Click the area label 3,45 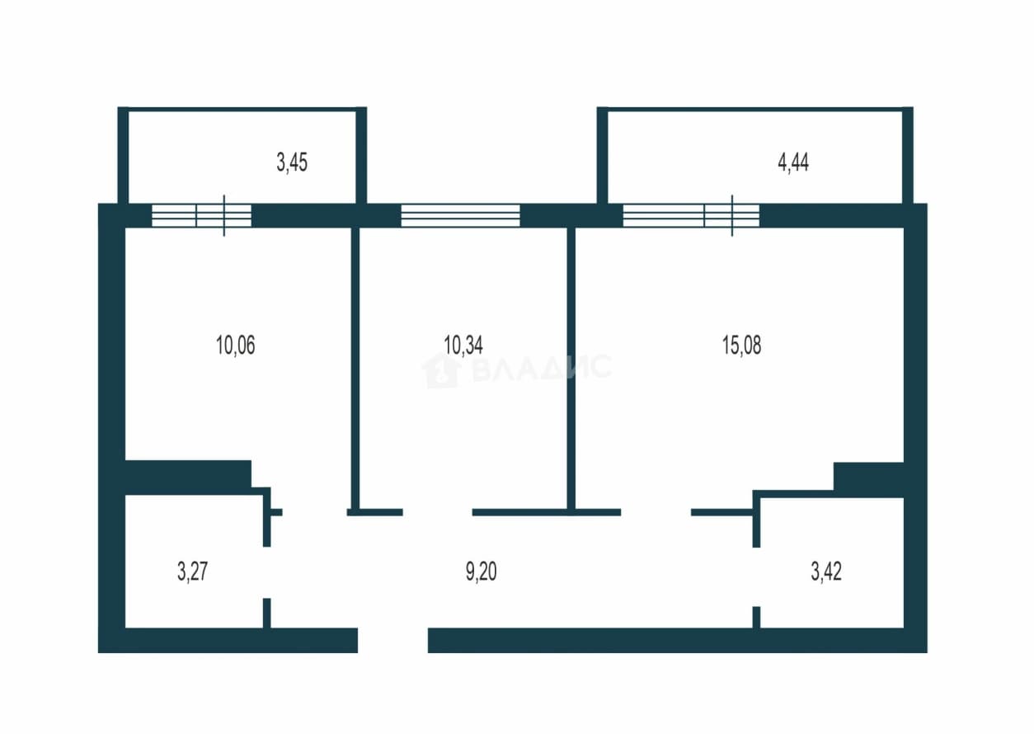[292, 162]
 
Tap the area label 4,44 [793, 162]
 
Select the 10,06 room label [236, 346]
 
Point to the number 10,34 [463, 346]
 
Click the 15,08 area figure [742, 346]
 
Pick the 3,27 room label [192, 572]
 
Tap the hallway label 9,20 [481, 572]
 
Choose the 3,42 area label [826, 572]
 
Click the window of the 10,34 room [461, 215]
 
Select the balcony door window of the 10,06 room [202, 215]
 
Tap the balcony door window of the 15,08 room [691, 215]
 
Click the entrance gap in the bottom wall [392, 640]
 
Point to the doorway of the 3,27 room [267, 572]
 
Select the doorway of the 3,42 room [756, 577]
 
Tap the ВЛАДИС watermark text [542, 368]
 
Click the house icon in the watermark [441, 370]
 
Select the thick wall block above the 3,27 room [188, 477]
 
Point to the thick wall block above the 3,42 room [868, 480]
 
